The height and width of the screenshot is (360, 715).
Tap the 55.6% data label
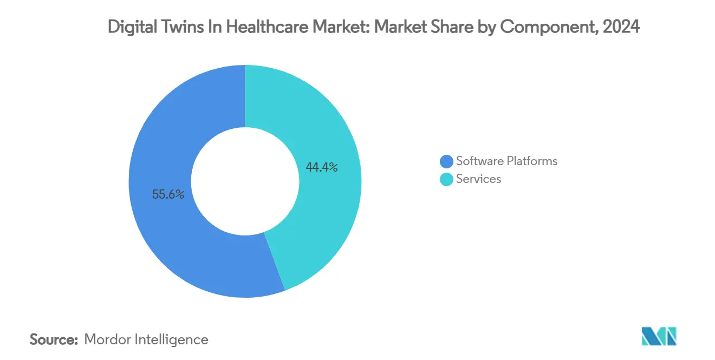[168, 194]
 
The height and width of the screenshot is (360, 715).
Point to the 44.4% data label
[322, 167]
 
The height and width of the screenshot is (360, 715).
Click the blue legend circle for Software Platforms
[446, 161]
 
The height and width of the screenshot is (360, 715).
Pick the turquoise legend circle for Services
[446, 179]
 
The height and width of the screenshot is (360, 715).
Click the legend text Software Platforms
[506, 161]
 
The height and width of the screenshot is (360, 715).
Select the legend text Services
[478, 179]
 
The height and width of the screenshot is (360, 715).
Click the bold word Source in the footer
[54, 339]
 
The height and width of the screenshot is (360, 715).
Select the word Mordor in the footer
[107, 339]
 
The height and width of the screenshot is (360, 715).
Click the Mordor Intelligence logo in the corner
[659, 336]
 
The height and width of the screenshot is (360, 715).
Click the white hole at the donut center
[245, 181]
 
